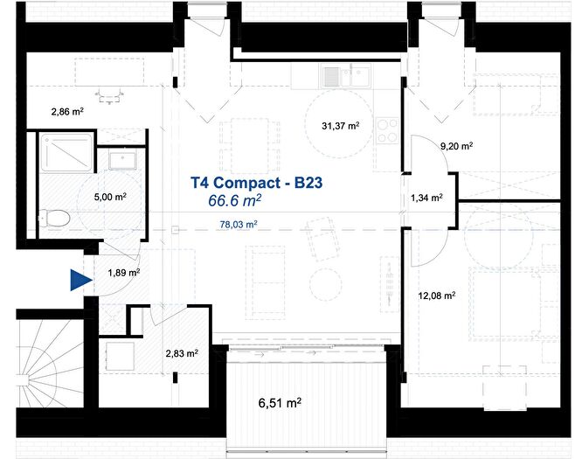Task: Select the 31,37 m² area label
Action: click(341, 126)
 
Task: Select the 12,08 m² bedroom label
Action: click(437, 296)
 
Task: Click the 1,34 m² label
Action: click(426, 198)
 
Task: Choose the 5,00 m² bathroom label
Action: click(108, 198)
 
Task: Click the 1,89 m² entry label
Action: click(123, 273)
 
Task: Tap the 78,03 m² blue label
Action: click(238, 225)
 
